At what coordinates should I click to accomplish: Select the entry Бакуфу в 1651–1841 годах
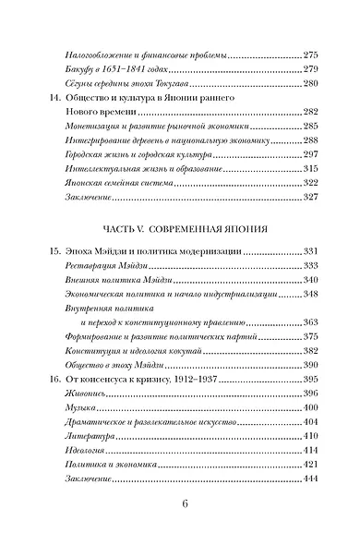pos(121,72)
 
